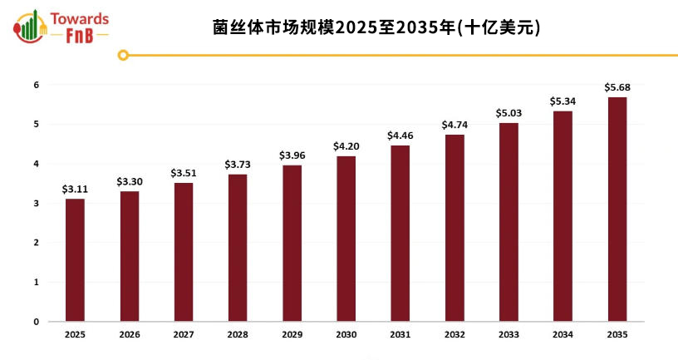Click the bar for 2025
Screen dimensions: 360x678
[75, 259]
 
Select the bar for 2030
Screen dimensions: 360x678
[346, 239]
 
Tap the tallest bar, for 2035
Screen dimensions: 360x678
[617, 209]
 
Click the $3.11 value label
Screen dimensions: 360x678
[75, 190]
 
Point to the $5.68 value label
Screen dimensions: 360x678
[617, 87]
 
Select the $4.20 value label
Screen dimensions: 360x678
[346, 146]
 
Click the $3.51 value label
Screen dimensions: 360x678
[183, 173]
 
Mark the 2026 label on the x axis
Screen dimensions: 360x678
[129, 334]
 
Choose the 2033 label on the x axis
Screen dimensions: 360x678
[508, 334]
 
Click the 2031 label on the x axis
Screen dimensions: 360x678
[400, 334]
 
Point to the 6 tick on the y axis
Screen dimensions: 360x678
[37, 85]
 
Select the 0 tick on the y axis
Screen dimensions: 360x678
[37, 322]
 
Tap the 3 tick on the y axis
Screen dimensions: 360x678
[37, 204]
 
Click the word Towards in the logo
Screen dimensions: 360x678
[80, 17]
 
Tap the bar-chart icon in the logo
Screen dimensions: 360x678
[31, 26]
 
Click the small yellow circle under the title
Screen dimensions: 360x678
[123, 56]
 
